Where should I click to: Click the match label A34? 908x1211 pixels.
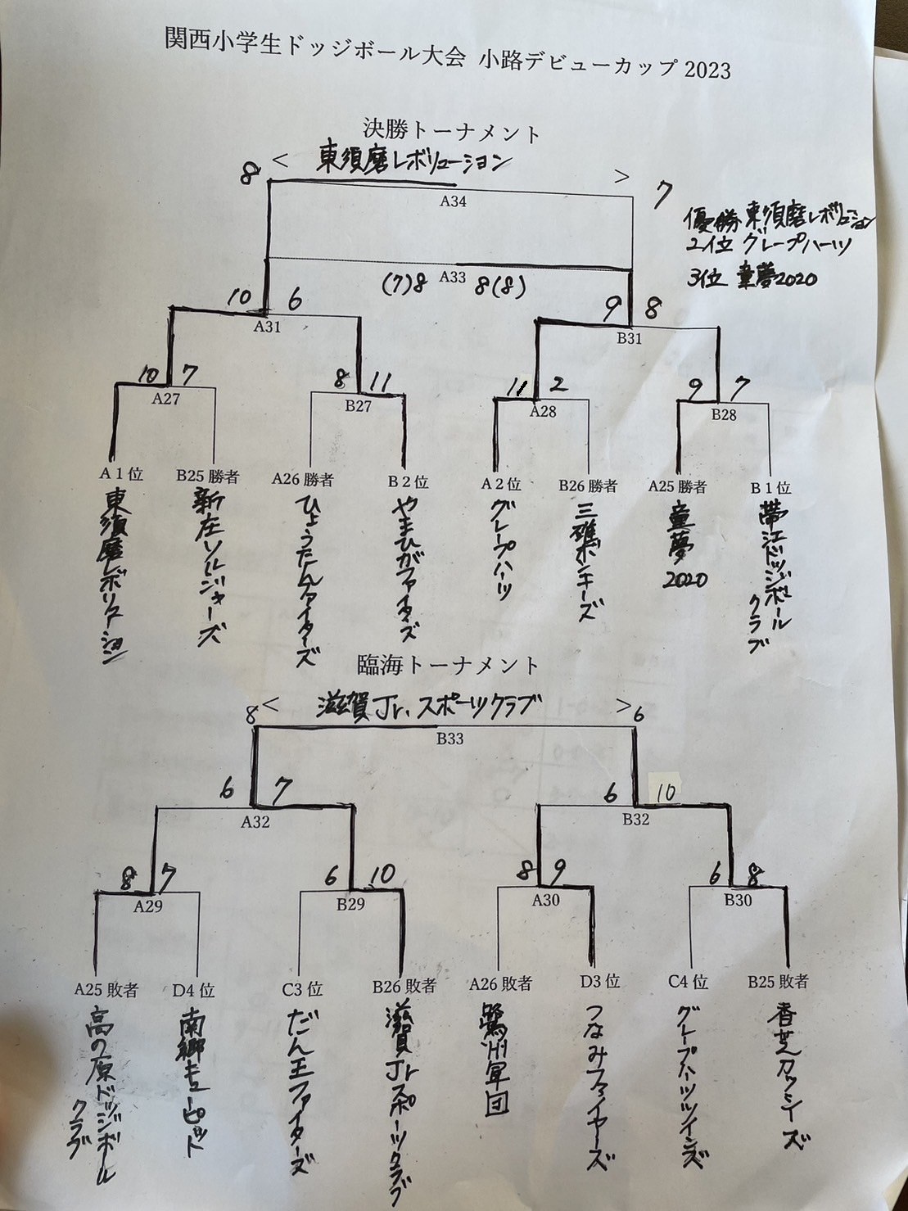click(x=453, y=201)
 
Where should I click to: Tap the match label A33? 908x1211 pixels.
click(x=452, y=277)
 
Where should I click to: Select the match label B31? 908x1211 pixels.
click(x=629, y=339)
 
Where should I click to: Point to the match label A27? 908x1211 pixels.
click(x=167, y=400)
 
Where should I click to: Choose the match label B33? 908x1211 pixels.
click(x=449, y=739)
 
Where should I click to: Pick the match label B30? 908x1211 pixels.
click(x=738, y=901)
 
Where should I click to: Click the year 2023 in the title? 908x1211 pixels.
click(x=702, y=70)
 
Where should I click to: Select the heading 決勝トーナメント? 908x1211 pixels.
click(x=452, y=131)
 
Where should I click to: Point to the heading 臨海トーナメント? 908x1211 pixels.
click(x=449, y=664)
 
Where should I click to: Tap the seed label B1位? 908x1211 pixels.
click(x=770, y=488)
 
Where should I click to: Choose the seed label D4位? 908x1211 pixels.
click(x=194, y=990)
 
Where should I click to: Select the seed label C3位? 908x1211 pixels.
click(x=302, y=990)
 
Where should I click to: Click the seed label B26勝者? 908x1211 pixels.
click(x=588, y=486)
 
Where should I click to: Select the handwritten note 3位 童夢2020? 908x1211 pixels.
click(x=752, y=278)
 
